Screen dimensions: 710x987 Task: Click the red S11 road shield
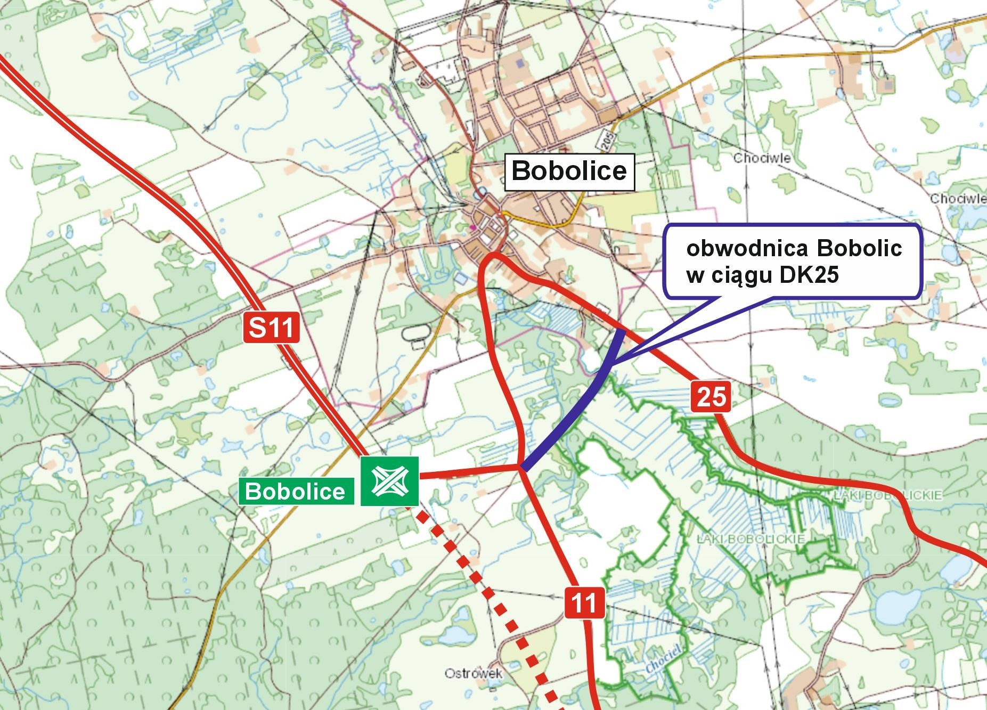point(272,328)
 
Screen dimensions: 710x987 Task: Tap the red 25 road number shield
point(711,397)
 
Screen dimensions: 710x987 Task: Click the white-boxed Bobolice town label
point(569,172)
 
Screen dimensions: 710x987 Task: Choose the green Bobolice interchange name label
point(296,491)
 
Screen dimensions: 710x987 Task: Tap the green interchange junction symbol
point(389,481)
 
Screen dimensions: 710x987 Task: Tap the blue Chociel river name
point(664,659)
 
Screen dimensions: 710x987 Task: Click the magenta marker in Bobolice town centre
point(472,228)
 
